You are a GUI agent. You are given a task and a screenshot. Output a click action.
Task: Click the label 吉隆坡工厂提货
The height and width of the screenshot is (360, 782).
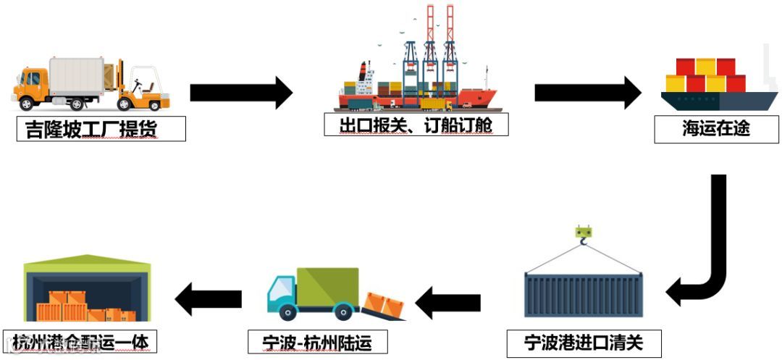[x=101, y=129]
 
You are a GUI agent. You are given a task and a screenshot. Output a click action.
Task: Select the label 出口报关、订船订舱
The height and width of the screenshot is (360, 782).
[x=416, y=125]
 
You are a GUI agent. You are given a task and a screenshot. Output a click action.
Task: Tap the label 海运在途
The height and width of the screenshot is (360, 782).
[x=715, y=129]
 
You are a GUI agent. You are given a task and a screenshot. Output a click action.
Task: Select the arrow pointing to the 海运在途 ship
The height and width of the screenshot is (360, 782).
[x=587, y=92]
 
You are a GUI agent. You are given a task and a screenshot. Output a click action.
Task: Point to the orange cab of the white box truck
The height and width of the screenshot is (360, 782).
[x=30, y=88]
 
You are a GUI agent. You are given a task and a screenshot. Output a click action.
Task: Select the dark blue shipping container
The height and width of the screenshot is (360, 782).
[x=584, y=293]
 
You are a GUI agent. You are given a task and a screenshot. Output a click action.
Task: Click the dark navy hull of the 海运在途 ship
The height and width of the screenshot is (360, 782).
[x=717, y=100]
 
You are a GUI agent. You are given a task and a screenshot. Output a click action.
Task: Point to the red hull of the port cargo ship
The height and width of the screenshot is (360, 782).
[x=474, y=98]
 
